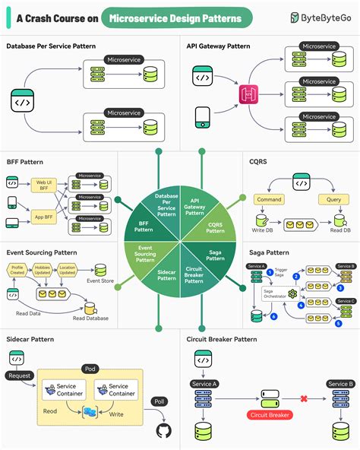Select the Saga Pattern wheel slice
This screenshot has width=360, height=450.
pos(215,254)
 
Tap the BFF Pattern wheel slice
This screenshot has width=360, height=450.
pos(144,226)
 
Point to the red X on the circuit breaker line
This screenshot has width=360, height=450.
pos(303,398)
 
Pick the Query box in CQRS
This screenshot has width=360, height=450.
pos(332,198)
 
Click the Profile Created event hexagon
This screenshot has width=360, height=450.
pos(18,268)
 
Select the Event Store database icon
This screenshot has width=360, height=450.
pos(101,270)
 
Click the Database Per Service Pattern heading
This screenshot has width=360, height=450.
pos(51,46)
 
